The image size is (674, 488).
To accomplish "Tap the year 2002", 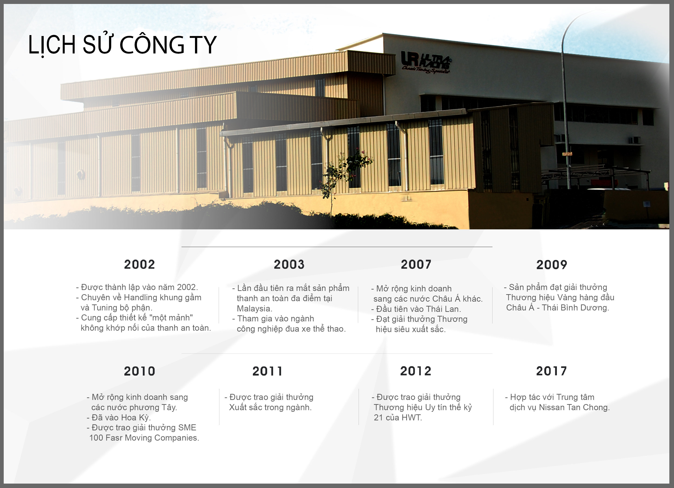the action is pos(139,264).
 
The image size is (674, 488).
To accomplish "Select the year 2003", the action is pos(289,264).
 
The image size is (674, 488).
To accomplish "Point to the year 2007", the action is pos(416,264).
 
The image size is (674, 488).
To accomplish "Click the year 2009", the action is pos(552,264).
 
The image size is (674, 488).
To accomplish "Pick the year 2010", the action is pos(139,371).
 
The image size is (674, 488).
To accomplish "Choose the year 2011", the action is pos(268,371).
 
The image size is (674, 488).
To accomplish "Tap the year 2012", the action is pos(416,371).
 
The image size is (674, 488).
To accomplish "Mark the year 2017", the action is pos(551,371).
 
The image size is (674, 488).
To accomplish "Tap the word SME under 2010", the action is pos(187,427).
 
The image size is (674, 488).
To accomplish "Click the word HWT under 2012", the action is pos(412,418).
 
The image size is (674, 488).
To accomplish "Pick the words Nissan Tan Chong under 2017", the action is pos(574,407).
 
